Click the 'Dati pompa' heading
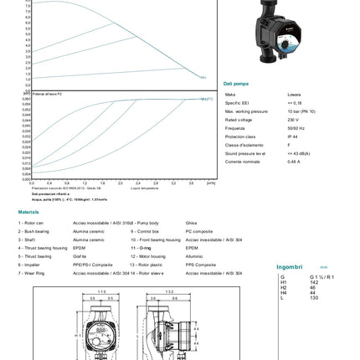coord(235,84)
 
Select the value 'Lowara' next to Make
coord(294,95)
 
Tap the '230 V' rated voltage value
coord(293,120)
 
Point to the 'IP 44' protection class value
coord(292,136)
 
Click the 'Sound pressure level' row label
coord(245,153)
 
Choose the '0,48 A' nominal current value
coord(294,162)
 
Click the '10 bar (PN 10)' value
coord(301,111)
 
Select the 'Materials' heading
coord(28,212)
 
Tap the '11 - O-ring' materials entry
coord(141,248)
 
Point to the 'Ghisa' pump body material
coord(191,223)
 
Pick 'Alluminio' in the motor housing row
coord(193,256)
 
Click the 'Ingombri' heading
coord(290,267)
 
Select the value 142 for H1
coord(314,282)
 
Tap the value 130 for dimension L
coord(314,297)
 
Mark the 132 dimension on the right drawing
coord(169,292)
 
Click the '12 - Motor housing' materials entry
coord(148,256)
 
